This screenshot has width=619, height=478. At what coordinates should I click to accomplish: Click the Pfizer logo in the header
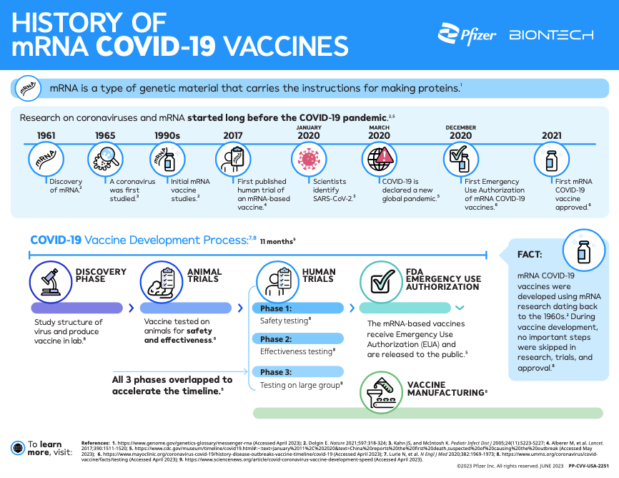coord(467,34)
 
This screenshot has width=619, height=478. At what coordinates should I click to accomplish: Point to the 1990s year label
coord(168,135)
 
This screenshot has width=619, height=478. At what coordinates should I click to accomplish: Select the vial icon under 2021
coord(551,160)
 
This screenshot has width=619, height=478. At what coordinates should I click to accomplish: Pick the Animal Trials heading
coord(204,275)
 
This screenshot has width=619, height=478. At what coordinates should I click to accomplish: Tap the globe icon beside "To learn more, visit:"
coord(18,448)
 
